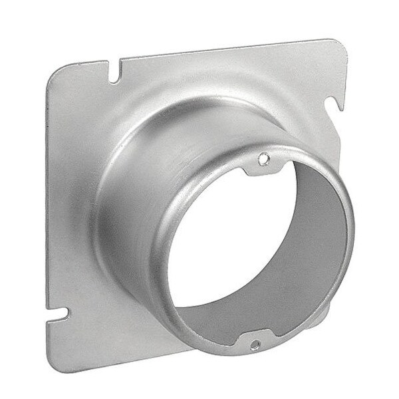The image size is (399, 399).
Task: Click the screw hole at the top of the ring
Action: tap(264, 159)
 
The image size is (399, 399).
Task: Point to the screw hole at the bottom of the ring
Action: tap(255, 345)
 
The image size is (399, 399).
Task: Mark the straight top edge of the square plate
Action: tap(219, 51)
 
